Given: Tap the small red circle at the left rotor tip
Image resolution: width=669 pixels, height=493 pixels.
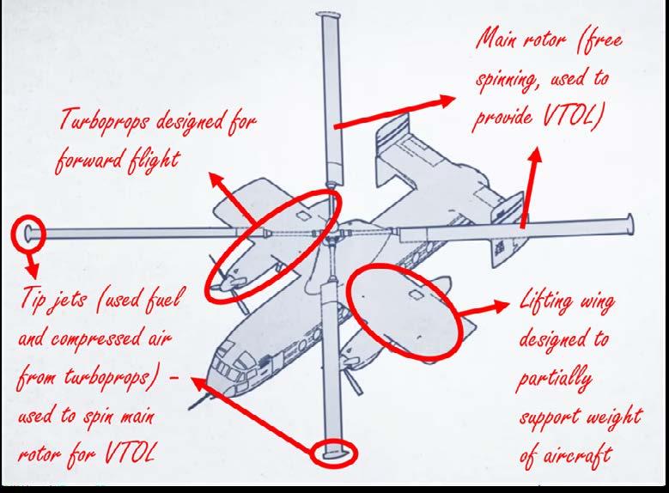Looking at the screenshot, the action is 28,232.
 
